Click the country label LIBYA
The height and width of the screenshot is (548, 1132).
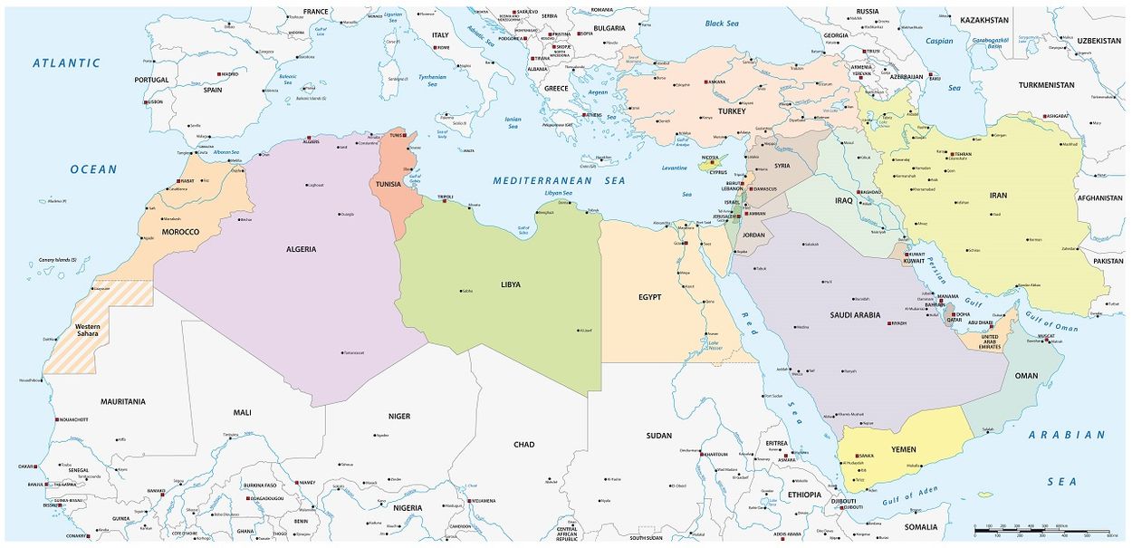point(511,284)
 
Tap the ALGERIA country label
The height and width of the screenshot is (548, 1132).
point(301,249)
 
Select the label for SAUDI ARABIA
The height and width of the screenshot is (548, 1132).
point(855,315)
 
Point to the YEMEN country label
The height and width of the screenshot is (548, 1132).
point(903,449)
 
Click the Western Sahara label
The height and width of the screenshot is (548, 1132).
point(88,331)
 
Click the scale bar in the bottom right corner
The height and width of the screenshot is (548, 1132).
point(1041,530)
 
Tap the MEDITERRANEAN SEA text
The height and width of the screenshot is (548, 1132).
point(559,181)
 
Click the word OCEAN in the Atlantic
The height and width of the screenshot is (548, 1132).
point(94,169)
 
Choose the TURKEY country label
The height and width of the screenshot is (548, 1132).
point(732,111)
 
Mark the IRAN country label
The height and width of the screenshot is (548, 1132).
point(998,195)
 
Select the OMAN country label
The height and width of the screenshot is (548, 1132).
point(1026,376)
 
